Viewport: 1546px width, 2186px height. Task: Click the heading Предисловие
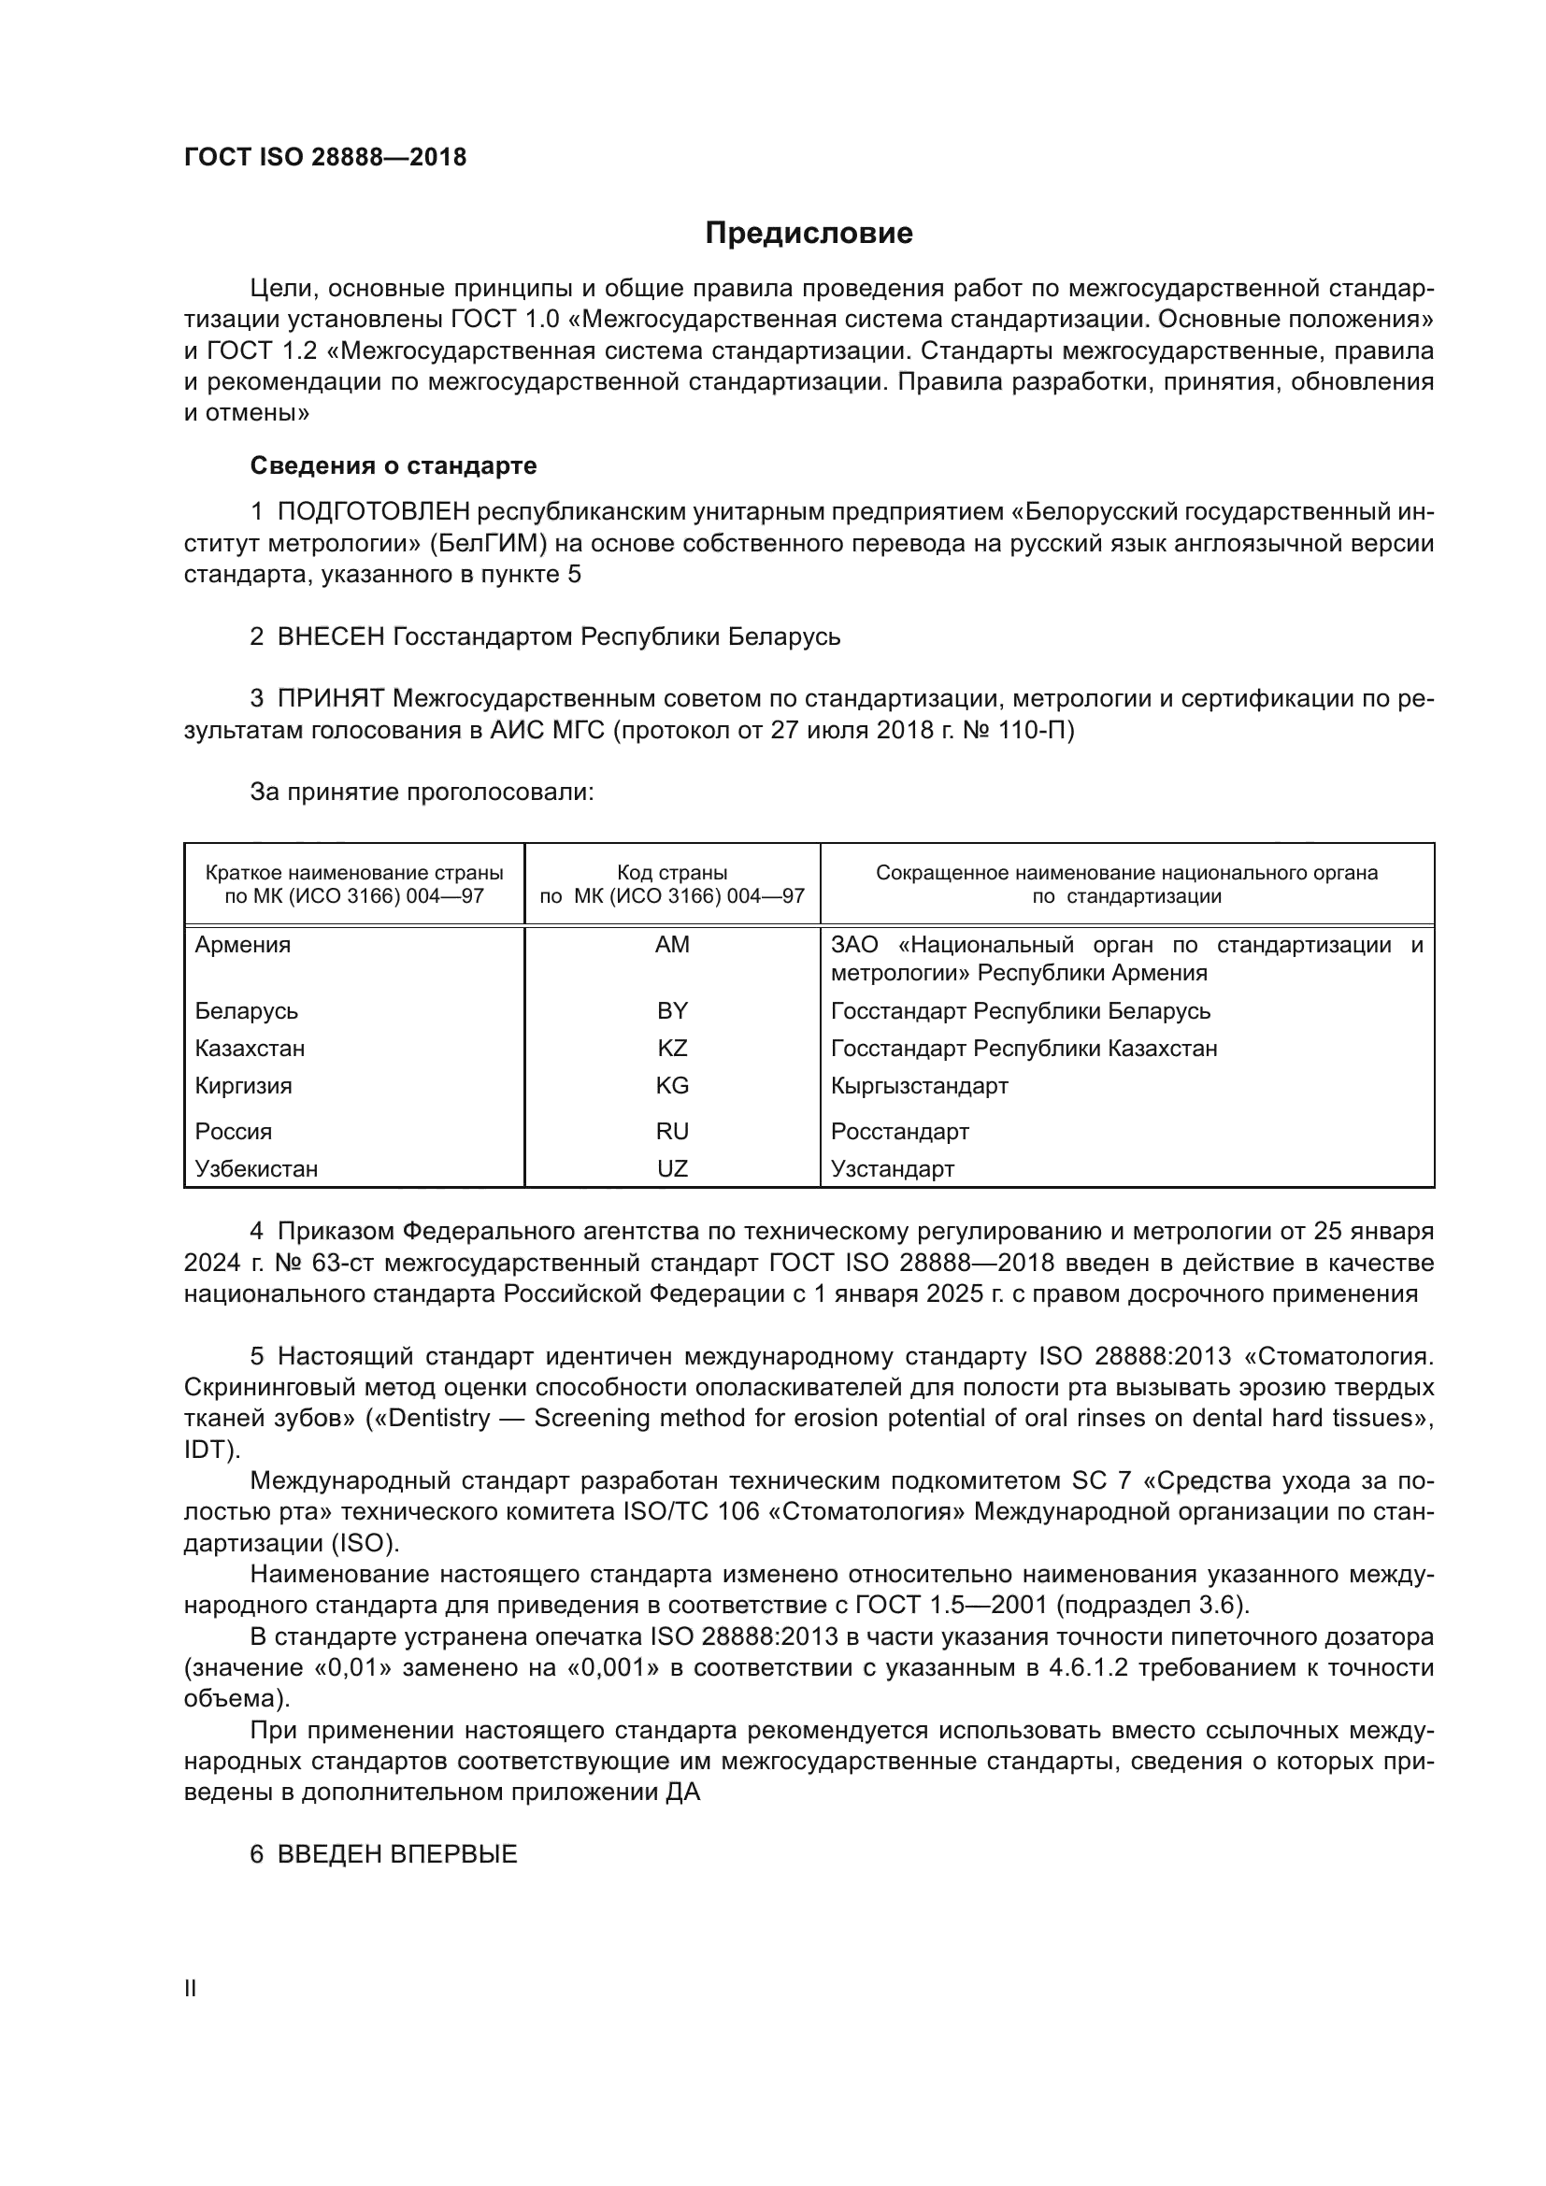(x=809, y=234)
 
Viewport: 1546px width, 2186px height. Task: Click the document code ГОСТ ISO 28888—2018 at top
(x=324, y=158)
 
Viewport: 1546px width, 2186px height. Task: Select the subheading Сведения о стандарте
(x=394, y=465)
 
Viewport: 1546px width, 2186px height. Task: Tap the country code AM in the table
(x=672, y=946)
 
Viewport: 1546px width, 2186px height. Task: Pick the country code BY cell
(x=672, y=1011)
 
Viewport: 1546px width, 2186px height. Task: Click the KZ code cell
(x=672, y=1049)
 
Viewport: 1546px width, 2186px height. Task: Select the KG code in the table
(x=672, y=1085)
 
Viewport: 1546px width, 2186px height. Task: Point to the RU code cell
(x=672, y=1131)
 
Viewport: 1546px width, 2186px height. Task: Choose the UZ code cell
(x=672, y=1168)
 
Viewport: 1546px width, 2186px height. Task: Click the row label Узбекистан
(x=256, y=1168)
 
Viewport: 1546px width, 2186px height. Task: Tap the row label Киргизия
(x=243, y=1085)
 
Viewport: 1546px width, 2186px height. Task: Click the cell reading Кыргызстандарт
(x=919, y=1085)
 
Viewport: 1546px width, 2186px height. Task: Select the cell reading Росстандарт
(x=899, y=1131)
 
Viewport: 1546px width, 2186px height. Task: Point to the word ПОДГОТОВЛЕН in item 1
(x=373, y=512)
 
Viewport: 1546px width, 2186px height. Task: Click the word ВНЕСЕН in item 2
(x=330, y=636)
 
